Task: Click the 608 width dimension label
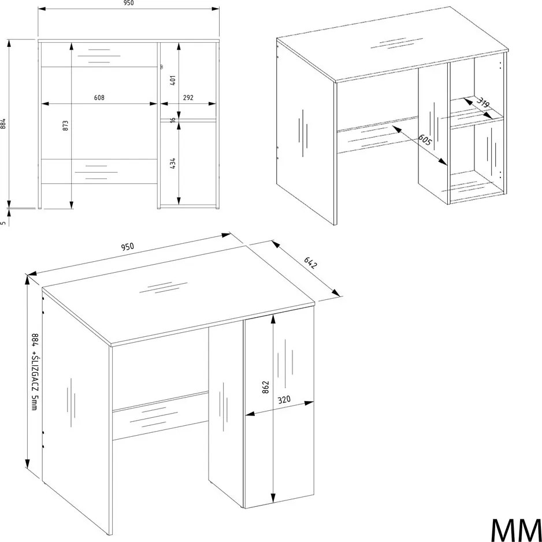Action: coord(99,98)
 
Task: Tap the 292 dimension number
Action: coord(188,98)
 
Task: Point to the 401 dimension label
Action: coord(173,80)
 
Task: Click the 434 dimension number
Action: coord(173,163)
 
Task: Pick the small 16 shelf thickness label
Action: coord(173,120)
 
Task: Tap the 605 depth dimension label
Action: coord(425,140)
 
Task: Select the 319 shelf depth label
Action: coord(483,103)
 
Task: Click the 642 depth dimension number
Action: coord(310,263)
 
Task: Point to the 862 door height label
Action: coord(265,388)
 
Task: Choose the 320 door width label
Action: coord(284,400)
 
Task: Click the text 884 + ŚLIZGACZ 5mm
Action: coord(34,372)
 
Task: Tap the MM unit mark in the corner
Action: coord(516,529)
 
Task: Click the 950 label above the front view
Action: coord(128,3)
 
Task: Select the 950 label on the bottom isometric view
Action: coord(127,247)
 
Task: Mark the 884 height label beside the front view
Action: coord(3,124)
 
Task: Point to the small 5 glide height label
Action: coord(3,223)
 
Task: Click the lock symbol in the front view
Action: coord(161,66)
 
